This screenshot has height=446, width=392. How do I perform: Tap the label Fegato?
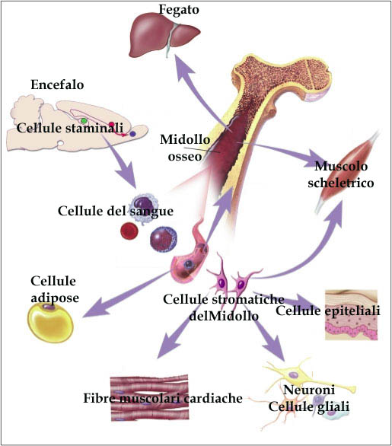point(179,9)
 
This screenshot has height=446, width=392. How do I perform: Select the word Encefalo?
point(57,84)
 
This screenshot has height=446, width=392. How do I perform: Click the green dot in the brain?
point(84,120)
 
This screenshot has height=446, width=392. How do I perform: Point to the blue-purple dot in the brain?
point(132,133)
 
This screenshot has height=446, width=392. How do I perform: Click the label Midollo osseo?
point(185,148)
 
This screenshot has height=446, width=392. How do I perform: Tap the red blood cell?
point(129,231)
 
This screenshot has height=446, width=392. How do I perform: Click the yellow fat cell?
point(50,322)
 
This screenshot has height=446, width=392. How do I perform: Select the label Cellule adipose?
point(54,289)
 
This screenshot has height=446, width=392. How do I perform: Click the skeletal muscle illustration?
point(346,174)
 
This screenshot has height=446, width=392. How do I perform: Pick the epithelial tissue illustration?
point(352,315)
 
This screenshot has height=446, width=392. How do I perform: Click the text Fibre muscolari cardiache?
point(163,398)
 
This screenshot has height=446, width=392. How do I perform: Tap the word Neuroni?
point(309,390)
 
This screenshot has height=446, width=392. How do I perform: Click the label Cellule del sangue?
point(116,211)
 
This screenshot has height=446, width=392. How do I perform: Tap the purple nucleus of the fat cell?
point(49,307)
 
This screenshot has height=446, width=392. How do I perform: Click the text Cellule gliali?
point(308,406)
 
